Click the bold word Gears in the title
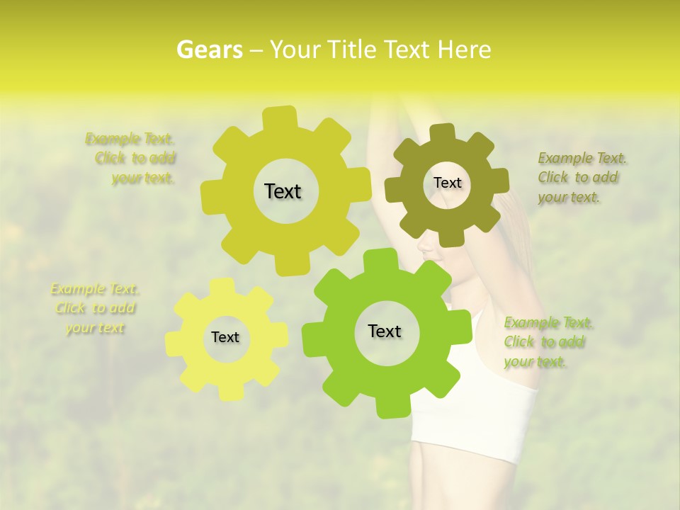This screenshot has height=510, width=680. tap(209, 50)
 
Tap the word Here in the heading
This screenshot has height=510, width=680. tap(465, 50)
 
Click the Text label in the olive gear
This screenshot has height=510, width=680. tap(283, 191)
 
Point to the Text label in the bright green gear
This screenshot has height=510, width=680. tap(385, 331)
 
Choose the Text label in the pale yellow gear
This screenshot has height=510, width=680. tap(225, 337)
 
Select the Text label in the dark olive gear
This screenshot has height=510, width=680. tap(447, 183)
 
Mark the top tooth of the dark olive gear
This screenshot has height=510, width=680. tap(443, 133)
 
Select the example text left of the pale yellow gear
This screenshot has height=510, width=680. tap(95, 308)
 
